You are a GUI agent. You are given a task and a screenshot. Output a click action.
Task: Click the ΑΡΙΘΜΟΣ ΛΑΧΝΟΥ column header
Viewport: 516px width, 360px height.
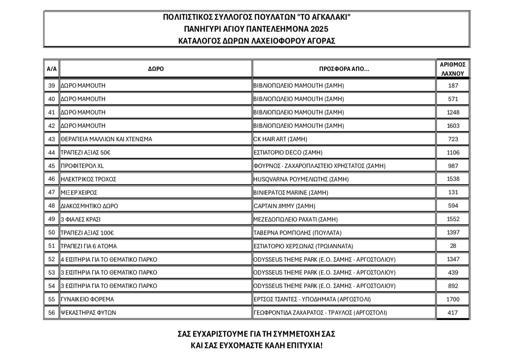pos(453,69)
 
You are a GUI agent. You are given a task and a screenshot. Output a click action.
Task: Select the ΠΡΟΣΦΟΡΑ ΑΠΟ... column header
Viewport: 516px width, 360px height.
pos(344,69)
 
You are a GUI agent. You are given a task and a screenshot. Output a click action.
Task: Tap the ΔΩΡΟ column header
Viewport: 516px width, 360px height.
pos(156,69)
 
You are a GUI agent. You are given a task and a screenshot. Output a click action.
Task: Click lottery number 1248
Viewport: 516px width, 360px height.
pos(453,112)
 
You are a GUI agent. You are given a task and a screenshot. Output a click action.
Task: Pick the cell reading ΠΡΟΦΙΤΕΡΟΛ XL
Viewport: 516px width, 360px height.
pos(82,166)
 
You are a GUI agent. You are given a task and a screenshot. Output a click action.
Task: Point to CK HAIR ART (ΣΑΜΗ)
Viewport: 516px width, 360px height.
pos(280,139)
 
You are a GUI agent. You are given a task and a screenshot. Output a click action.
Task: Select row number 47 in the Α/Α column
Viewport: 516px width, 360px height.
pos(52,192)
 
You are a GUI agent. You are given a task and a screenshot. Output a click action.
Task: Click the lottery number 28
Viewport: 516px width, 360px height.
pos(453,246)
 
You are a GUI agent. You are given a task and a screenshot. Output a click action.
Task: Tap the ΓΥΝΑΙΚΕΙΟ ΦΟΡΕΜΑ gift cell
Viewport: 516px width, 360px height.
pos(88,299)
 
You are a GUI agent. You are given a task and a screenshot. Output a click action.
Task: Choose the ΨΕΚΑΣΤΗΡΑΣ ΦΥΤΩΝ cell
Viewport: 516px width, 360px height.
pos(89,313)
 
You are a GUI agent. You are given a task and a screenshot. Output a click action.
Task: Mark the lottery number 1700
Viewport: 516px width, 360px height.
pos(453,299)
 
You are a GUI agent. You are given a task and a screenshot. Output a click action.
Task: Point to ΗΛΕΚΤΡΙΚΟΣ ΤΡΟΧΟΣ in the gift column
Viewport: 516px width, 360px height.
pos(89,179)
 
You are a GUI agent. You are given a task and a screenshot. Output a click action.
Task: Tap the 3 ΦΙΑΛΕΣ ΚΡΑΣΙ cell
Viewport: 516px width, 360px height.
pos(81,219)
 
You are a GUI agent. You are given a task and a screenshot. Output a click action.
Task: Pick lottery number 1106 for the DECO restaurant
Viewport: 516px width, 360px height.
pos(453,153)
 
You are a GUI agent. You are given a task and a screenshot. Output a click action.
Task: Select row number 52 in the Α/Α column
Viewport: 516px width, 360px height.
pos(52,259)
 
